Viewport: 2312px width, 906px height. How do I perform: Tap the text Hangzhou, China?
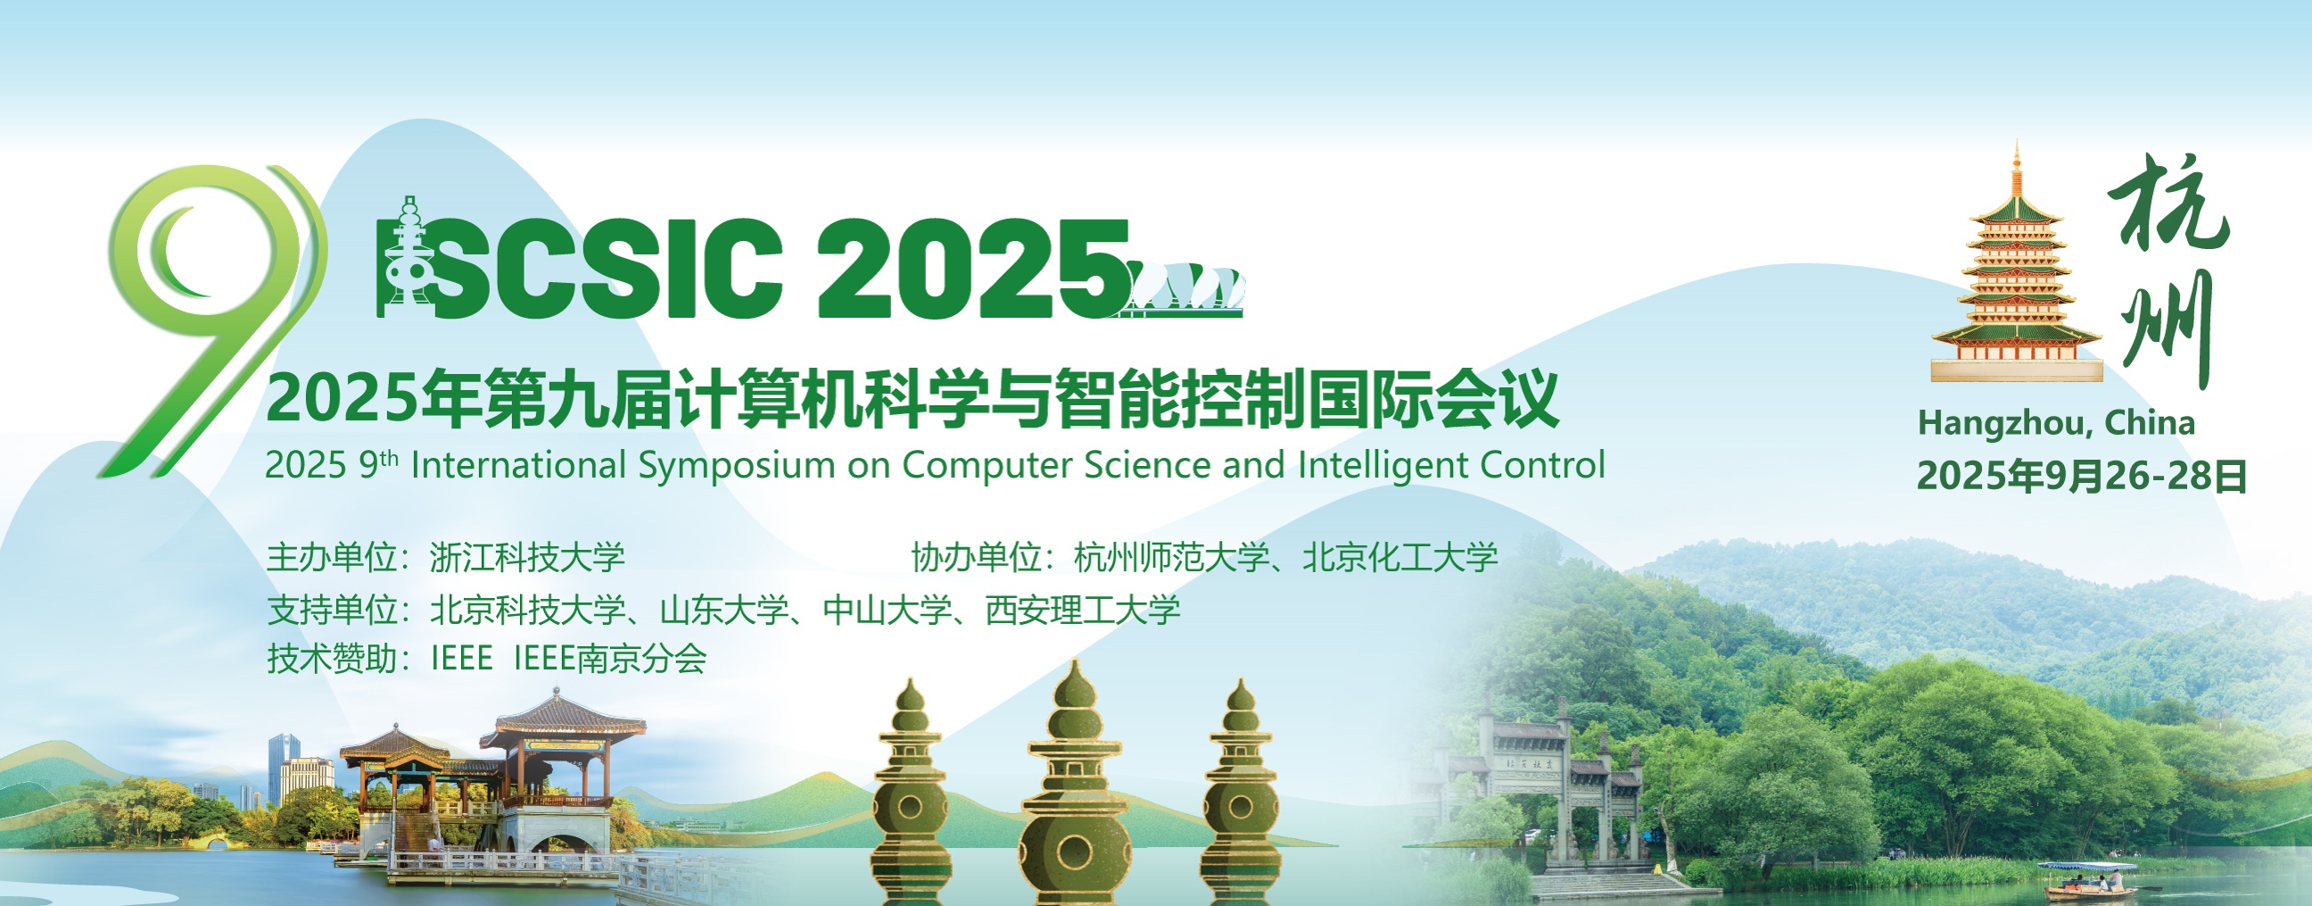pyautogui.click(x=2056, y=424)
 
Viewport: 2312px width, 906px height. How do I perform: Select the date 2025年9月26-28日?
pyautogui.click(x=2081, y=476)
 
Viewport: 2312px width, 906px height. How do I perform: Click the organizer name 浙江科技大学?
pyautogui.click(x=528, y=558)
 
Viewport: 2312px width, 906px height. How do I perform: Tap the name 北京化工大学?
pyautogui.click(x=1400, y=558)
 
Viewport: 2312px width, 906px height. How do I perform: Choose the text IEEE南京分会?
pyautogui.click(x=610, y=659)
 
